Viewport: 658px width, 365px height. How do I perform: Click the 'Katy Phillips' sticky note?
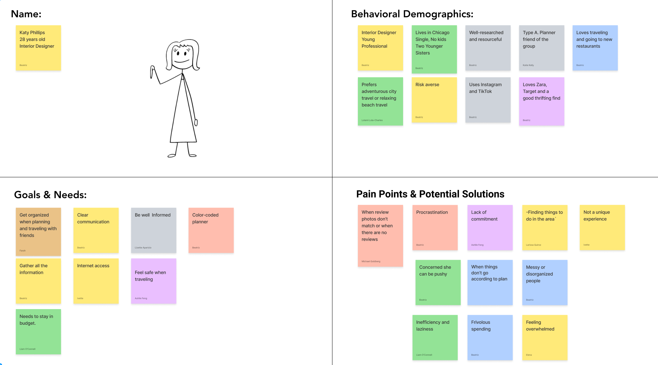(38, 48)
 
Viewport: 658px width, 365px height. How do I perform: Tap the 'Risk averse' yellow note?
(434, 100)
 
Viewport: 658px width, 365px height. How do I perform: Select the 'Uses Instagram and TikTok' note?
(488, 100)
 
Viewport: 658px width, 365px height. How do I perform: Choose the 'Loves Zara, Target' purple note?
(542, 101)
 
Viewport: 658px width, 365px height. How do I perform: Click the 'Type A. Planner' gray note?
(542, 48)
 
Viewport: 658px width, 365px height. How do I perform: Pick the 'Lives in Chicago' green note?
(434, 49)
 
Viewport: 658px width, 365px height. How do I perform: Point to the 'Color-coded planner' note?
(211, 230)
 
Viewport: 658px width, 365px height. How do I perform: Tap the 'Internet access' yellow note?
(96, 281)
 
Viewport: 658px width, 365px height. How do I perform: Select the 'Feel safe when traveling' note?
(154, 281)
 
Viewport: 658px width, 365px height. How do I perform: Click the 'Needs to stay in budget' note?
(38, 332)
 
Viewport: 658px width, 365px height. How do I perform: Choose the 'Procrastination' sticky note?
(435, 228)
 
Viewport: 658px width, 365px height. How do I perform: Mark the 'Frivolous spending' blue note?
(490, 337)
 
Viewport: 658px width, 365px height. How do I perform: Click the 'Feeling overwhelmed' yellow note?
(545, 337)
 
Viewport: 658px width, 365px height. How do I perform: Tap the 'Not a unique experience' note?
(602, 228)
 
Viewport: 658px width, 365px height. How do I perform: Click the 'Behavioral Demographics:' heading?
(412, 14)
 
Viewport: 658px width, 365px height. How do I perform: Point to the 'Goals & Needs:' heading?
(50, 195)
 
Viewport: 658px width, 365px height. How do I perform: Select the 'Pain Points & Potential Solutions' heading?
(430, 194)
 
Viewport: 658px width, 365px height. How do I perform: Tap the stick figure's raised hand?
(153, 71)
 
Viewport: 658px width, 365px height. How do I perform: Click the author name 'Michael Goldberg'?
(371, 261)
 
